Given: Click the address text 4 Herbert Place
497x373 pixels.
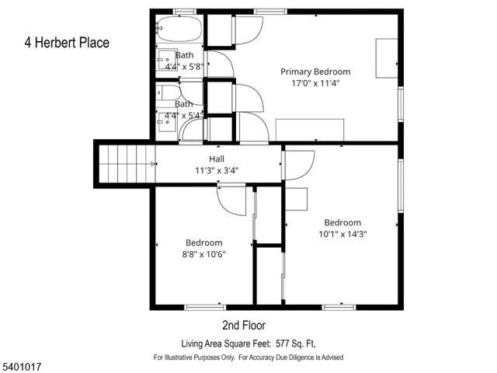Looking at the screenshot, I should (66, 43).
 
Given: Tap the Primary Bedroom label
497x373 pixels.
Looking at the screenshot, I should (315, 71).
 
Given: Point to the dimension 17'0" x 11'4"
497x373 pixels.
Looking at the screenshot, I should (315, 82).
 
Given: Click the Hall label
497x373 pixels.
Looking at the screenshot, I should (217, 159).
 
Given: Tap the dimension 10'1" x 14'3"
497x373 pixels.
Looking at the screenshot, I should (342, 234).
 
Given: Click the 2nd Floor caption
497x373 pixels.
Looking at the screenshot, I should (244, 325).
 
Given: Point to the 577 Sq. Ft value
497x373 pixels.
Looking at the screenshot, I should (297, 343).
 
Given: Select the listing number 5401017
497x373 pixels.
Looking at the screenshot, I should (21, 361).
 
